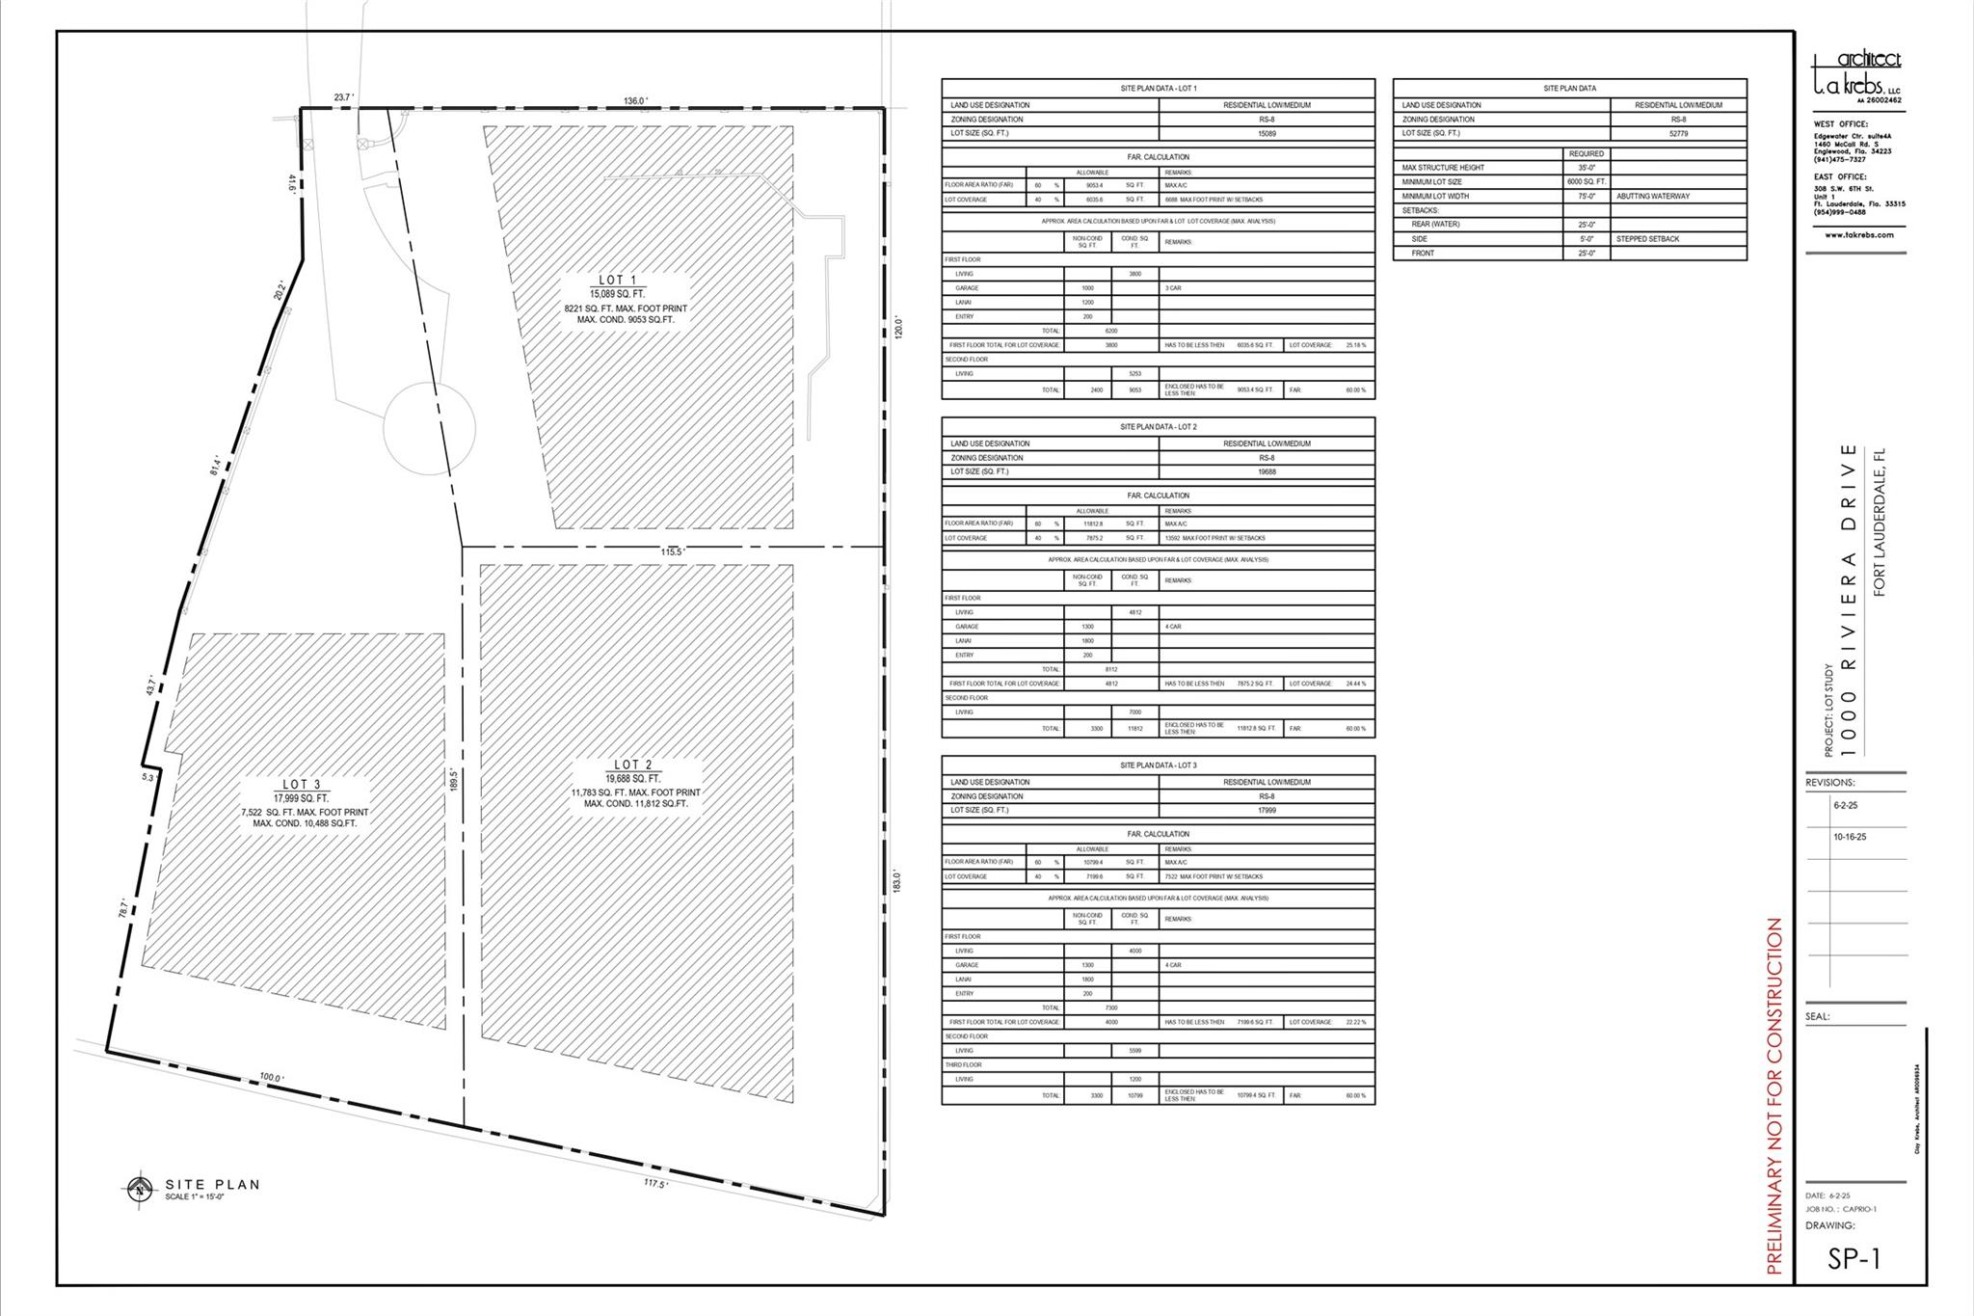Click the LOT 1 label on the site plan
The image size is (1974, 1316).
618,280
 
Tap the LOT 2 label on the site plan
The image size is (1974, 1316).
633,765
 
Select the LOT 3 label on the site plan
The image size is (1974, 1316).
302,785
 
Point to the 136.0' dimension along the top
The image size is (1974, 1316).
635,100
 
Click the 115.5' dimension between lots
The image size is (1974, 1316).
672,551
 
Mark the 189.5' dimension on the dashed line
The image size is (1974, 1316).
452,780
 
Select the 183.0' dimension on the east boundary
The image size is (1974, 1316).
896,881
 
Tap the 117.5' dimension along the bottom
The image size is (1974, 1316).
655,1183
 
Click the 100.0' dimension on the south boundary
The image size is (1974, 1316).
271,1078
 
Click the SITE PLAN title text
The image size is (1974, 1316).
212,1185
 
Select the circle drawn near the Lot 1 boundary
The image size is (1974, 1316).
429,428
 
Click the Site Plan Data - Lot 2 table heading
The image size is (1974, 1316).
1158,426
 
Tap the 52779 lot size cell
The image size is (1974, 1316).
1677,134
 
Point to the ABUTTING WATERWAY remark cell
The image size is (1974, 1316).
1652,196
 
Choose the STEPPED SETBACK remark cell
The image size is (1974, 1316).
1647,238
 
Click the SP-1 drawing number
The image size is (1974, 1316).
1854,1259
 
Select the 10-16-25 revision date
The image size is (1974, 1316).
1849,837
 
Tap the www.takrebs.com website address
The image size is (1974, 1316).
1858,234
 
